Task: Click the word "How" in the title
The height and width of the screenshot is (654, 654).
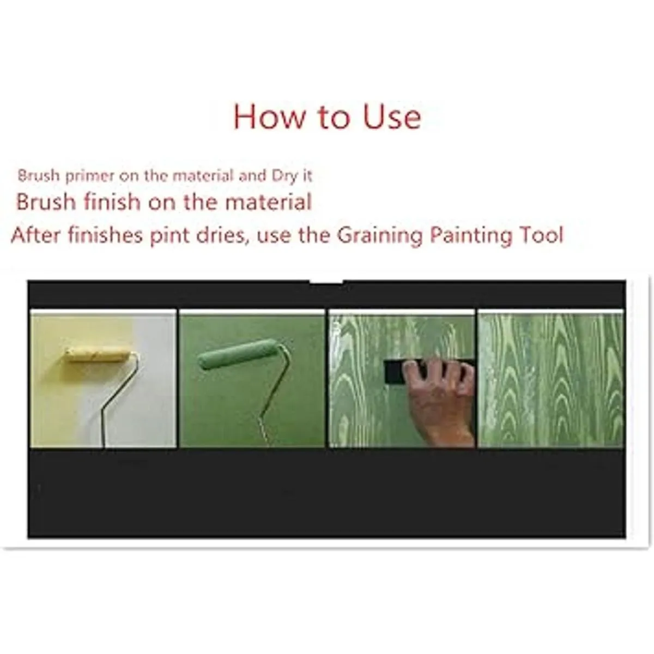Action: coord(268,117)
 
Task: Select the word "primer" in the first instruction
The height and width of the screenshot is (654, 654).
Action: coord(89,177)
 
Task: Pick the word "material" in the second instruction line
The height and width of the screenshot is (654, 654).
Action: coord(269,202)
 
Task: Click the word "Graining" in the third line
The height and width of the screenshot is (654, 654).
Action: coord(380,236)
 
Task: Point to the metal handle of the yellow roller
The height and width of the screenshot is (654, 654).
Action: coord(119,401)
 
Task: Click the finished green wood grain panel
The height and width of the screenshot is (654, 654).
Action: coord(550,380)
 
